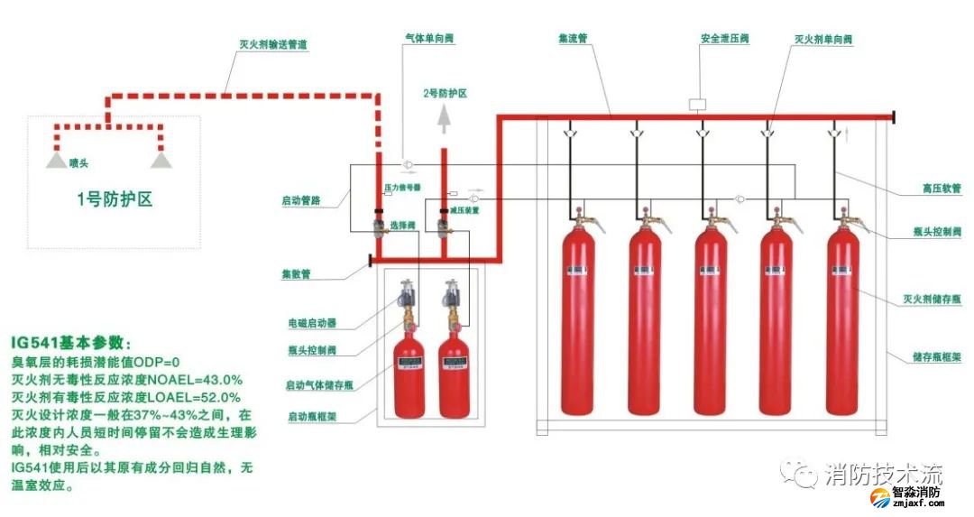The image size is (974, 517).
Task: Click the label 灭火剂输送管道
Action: (272, 43)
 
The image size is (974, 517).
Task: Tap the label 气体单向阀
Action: (428, 39)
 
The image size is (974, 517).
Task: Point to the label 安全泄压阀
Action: (724, 39)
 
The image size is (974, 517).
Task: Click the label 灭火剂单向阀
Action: (822, 39)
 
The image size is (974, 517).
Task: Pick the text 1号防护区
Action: (114, 199)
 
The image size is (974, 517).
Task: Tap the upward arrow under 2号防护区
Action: (443, 116)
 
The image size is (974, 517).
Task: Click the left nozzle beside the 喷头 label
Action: (57, 160)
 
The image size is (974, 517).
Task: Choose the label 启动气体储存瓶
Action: (319, 385)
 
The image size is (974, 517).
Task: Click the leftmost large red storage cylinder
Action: (577, 320)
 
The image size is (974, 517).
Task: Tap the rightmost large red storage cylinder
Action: (842, 320)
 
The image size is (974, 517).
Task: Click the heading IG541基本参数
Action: (71, 344)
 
